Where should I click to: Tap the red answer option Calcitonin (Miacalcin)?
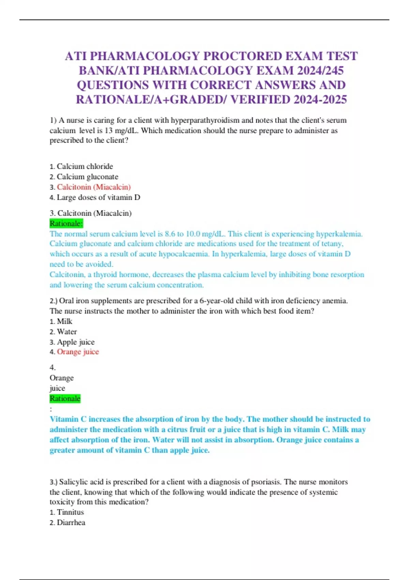click(94, 187)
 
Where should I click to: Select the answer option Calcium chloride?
click(85, 166)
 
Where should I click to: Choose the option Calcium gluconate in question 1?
click(87, 177)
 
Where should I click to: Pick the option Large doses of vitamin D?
click(98, 197)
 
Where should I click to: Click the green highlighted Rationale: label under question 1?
click(66, 223)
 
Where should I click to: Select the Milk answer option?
click(64, 321)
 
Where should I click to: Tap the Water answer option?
click(67, 332)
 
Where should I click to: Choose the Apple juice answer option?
click(76, 342)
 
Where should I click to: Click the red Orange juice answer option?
click(78, 352)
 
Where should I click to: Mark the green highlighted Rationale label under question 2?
click(65, 398)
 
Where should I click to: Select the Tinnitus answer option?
click(70, 512)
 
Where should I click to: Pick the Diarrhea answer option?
click(71, 522)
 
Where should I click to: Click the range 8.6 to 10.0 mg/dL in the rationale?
click(195, 234)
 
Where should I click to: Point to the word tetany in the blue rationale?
click(332, 244)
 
